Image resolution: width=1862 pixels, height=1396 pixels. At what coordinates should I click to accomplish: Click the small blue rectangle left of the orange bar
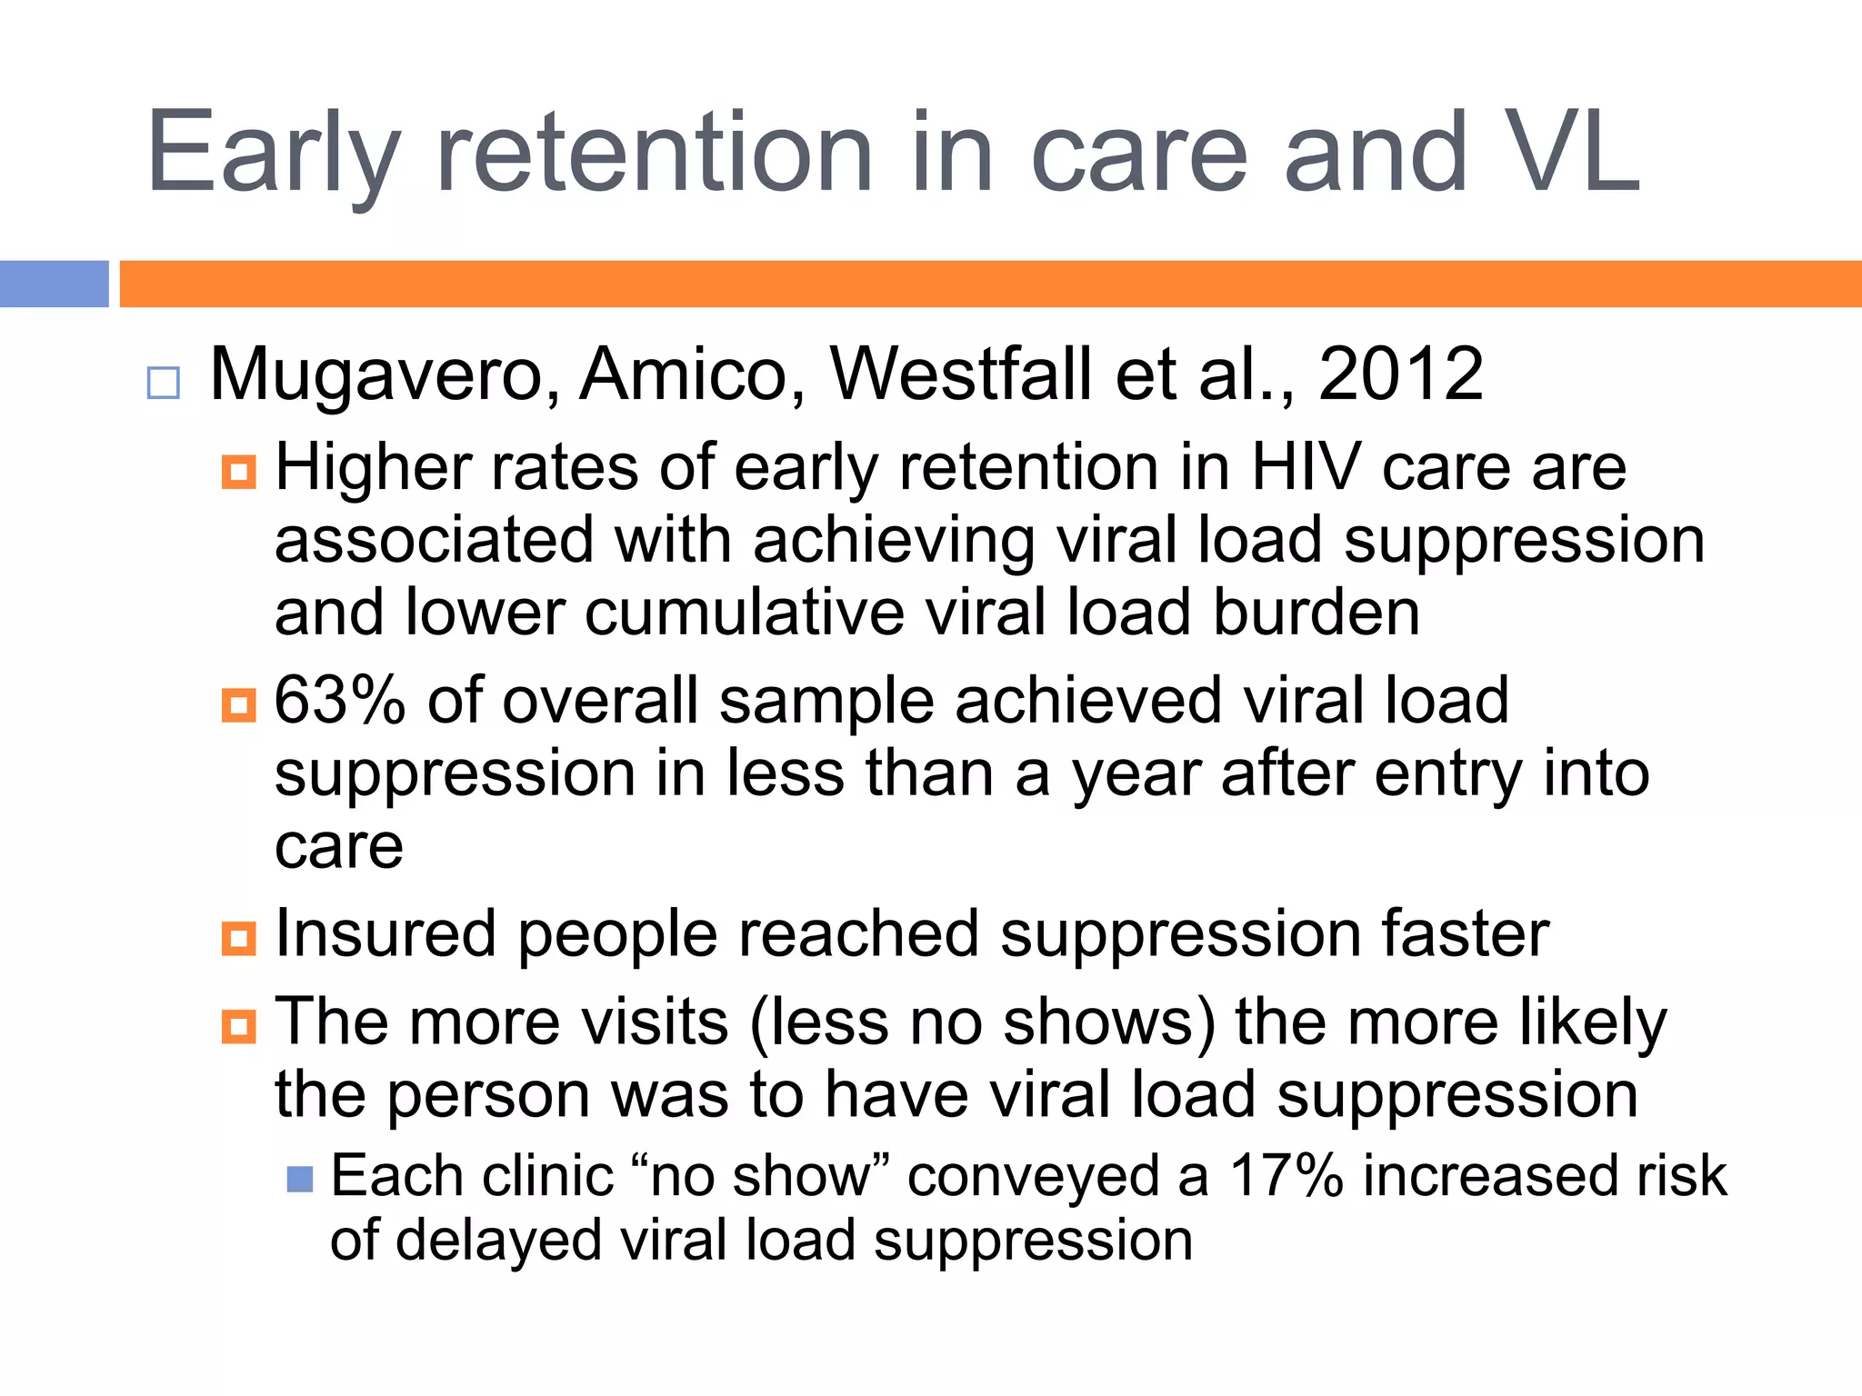pyautogui.click(x=55, y=284)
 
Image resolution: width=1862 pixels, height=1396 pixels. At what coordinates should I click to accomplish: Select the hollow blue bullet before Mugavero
pyautogui.click(x=164, y=383)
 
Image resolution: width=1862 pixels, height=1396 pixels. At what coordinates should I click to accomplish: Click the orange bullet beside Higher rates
pyautogui.click(x=238, y=472)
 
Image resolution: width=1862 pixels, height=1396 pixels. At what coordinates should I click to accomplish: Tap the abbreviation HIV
pyautogui.click(x=1306, y=467)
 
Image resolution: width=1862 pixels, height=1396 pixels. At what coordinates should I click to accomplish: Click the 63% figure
pyautogui.click(x=339, y=701)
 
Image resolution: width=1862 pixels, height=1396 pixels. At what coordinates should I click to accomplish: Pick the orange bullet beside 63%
pyautogui.click(x=238, y=705)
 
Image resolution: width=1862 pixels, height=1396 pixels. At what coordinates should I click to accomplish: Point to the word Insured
pyautogui.click(x=385, y=933)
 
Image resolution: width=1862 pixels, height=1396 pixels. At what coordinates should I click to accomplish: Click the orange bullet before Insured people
pyautogui.click(x=238, y=938)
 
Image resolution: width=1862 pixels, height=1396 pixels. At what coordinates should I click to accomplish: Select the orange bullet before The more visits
pyautogui.click(x=238, y=1027)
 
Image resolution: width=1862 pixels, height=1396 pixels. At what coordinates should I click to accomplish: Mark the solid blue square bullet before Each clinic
pyautogui.click(x=300, y=1179)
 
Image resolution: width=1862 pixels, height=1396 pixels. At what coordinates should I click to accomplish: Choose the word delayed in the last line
pyautogui.click(x=499, y=1241)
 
